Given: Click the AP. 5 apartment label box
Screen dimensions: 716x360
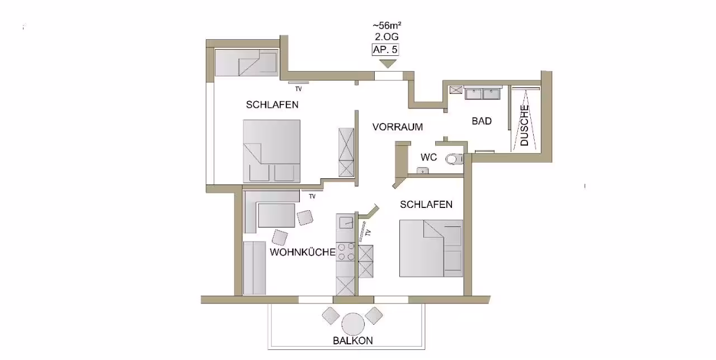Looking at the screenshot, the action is pos(385,50).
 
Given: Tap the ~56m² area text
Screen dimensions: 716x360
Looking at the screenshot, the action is pos(387,25).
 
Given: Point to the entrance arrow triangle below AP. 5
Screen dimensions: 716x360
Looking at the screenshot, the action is pos(388,64).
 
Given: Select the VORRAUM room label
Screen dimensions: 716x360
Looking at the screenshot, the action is pos(398,127).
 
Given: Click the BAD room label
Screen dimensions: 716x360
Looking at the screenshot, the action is pos(482,121).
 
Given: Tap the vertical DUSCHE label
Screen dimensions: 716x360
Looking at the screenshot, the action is pos(525,126).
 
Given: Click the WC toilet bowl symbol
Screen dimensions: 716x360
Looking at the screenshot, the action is pos(454,159).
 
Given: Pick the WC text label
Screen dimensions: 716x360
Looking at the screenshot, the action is pos(428,157).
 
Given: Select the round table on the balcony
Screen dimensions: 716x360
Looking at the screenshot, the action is pos(353,324).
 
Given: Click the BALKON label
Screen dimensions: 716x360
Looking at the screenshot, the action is pos(353,341).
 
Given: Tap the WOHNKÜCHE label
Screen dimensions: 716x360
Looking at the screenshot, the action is pos(303,252).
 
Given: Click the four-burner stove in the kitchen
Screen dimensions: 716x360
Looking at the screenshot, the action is pos(346,252).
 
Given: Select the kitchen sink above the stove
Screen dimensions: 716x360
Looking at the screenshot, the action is pos(346,222).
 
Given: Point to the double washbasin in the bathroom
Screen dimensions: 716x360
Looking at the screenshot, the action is pos(483,94).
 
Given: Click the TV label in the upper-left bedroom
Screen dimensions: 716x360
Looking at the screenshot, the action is pos(299,89).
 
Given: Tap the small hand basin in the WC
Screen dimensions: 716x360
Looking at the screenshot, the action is pos(422,170).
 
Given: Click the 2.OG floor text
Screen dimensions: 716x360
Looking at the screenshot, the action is pos(387,37).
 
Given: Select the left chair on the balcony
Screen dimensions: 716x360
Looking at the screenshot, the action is pos(331,316).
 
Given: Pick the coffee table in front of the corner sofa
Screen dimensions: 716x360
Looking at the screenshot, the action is pos(276,215).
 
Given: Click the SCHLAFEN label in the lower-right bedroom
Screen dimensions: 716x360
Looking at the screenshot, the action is pos(426,205).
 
